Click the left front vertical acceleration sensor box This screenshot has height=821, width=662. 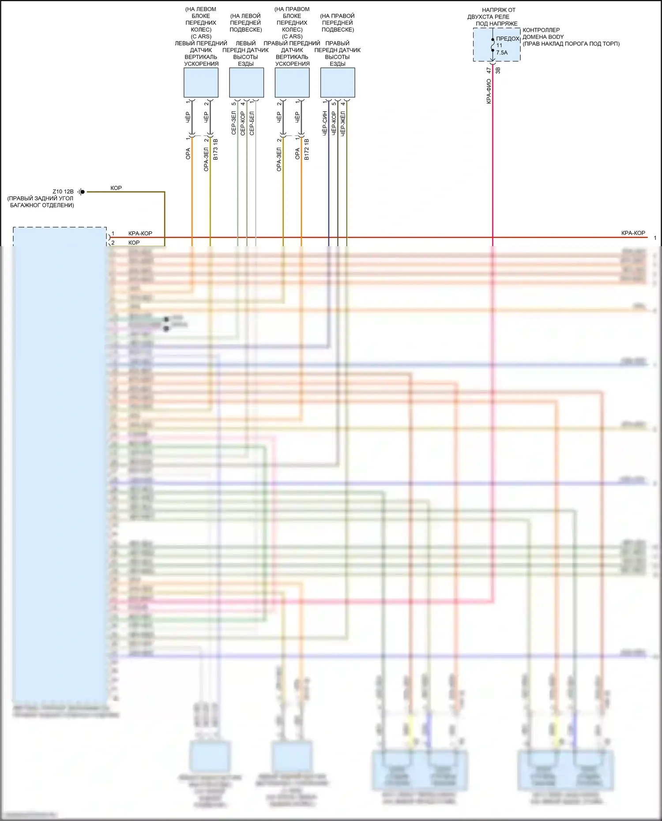(201, 82)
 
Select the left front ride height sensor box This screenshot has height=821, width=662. (246, 82)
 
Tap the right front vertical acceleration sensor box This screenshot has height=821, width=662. (292, 82)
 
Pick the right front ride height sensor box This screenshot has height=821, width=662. (338, 82)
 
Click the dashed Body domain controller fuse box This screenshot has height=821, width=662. (496, 45)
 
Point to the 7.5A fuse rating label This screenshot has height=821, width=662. (502, 52)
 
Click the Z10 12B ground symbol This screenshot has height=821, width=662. (82, 192)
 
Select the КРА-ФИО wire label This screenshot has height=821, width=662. (489, 91)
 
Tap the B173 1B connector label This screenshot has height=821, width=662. (215, 149)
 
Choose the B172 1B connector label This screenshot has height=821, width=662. (307, 149)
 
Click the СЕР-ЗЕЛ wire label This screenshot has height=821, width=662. (233, 123)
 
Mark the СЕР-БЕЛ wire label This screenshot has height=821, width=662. (252, 123)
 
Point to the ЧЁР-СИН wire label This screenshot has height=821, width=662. (324, 123)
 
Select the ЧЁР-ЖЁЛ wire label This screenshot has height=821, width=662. (343, 123)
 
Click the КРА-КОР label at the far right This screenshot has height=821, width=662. (633, 233)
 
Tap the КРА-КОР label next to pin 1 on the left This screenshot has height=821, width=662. (140, 233)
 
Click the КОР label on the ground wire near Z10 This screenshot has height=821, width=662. (116, 188)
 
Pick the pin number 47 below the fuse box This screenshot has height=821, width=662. (489, 70)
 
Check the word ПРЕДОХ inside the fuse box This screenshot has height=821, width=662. (508, 39)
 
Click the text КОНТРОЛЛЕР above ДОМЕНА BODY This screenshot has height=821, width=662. (541, 30)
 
